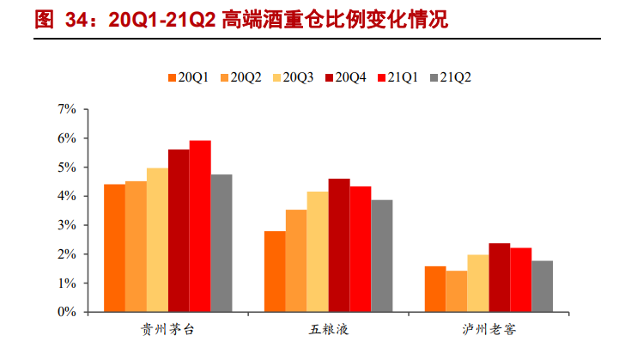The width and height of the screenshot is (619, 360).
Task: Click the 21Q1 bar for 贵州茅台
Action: tap(200, 227)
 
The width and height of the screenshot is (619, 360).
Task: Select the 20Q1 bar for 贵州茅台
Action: tap(114, 248)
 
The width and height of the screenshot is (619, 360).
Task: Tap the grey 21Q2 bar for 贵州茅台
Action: tap(222, 243)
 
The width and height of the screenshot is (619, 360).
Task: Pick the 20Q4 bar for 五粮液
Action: tap(339, 246)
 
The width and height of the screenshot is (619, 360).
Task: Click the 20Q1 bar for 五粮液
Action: tap(275, 272)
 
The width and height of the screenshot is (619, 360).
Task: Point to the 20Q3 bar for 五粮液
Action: tap(318, 252)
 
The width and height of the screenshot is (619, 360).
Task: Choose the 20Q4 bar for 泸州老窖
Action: tap(500, 278)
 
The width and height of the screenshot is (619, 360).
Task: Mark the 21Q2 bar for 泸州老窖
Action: tap(542, 286)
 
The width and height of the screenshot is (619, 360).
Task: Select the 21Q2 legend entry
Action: tap(452, 77)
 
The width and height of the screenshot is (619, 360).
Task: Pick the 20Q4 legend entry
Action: tap(345, 77)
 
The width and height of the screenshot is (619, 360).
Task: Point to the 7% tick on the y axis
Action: tap(67, 109)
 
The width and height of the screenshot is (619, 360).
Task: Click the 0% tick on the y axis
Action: tap(67, 313)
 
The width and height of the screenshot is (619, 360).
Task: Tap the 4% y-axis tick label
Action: tap(67, 197)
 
